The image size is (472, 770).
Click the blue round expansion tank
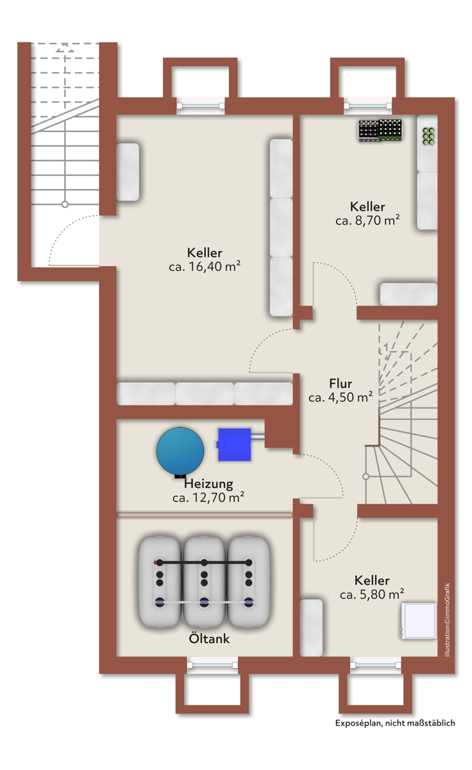[180, 452]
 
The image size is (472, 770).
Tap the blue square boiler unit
[235, 445]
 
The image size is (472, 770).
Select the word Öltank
[209, 638]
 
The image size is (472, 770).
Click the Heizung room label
[208, 484]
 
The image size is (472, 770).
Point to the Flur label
[341, 383]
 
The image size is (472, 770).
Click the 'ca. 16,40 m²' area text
[205, 266]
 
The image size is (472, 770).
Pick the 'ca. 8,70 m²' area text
[367, 220]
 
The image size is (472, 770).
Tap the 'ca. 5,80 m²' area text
[372, 594]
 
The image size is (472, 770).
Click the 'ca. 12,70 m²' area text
[208, 497]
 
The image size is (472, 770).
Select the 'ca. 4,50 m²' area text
[341, 397]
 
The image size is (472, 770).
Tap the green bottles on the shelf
[428, 136]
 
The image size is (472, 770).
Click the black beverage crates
[380, 130]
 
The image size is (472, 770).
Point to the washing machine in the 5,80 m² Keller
[419, 621]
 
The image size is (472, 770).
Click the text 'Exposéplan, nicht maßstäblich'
[395, 723]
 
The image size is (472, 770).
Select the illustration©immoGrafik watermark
[447, 619]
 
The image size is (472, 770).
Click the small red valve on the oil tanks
[155, 563]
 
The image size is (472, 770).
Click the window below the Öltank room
[212, 665]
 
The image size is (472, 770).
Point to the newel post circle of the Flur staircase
[366, 476]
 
